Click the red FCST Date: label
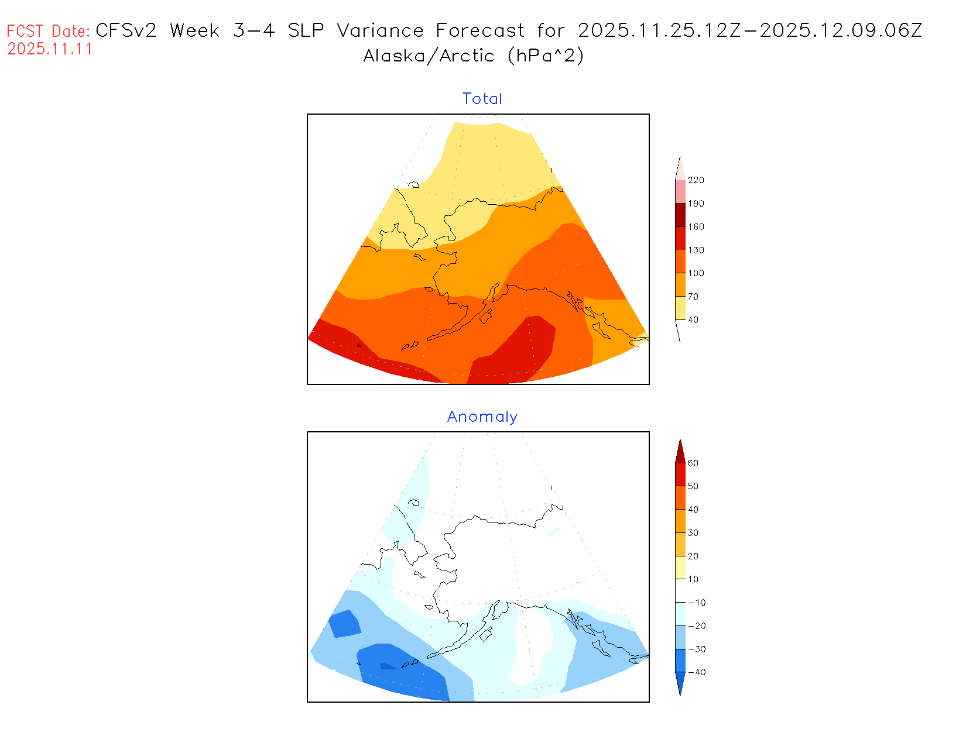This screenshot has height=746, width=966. (x=49, y=31)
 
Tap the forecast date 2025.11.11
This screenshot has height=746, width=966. (x=50, y=49)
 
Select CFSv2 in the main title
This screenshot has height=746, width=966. (x=126, y=30)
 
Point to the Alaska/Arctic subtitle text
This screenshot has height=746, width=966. (x=429, y=56)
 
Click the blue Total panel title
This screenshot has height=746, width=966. (x=482, y=99)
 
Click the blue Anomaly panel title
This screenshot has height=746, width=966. (x=482, y=417)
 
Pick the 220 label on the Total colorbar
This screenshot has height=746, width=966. (x=696, y=180)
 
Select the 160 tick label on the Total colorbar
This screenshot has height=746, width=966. (x=696, y=227)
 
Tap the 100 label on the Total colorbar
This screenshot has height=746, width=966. (x=696, y=273)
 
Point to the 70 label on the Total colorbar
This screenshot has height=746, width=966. (x=693, y=297)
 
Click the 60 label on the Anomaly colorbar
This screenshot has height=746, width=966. (x=693, y=463)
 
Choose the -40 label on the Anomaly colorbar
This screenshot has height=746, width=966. (x=696, y=672)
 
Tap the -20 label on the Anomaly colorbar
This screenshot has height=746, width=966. (x=696, y=626)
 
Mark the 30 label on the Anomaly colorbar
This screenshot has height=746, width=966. (x=693, y=533)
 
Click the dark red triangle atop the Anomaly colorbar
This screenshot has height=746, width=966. (x=680, y=452)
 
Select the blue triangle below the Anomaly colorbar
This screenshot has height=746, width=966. (x=680, y=683)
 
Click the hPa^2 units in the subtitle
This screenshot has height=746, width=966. (x=546, y=56)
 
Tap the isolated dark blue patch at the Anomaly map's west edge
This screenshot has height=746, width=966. (x=344, y=623)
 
